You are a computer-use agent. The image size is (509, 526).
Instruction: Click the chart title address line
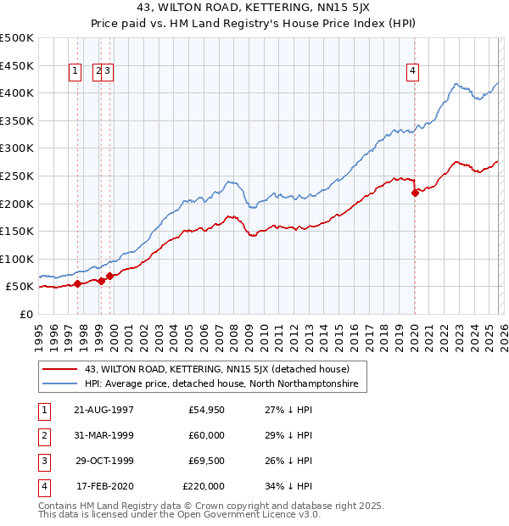pos(255,8)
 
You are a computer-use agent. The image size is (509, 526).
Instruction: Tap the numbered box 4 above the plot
pos(413,71)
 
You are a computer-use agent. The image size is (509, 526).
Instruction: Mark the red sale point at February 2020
pos(415,193)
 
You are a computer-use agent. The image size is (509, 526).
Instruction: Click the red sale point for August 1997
pos(78,284)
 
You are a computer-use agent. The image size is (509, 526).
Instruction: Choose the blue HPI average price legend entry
pos(221,384)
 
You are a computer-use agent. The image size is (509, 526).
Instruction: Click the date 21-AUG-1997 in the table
pos(103,410)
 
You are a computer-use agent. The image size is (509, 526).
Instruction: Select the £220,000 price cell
pos(204,486)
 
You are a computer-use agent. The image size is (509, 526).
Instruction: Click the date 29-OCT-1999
pos(103,461)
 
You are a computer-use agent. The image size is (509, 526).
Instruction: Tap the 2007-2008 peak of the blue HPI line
pos(229,181)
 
